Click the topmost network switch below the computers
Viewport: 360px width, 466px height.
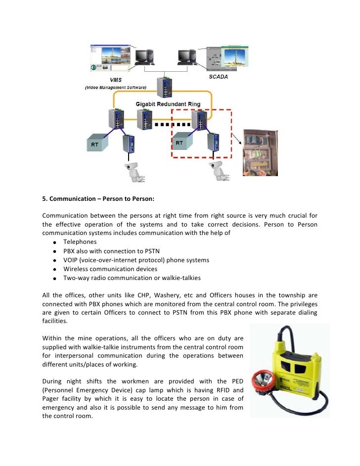(164, 89)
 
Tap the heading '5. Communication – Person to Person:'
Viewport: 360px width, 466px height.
(98, 200)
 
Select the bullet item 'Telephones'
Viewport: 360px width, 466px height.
(80, 242)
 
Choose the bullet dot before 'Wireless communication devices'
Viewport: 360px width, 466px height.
(52, 269)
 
